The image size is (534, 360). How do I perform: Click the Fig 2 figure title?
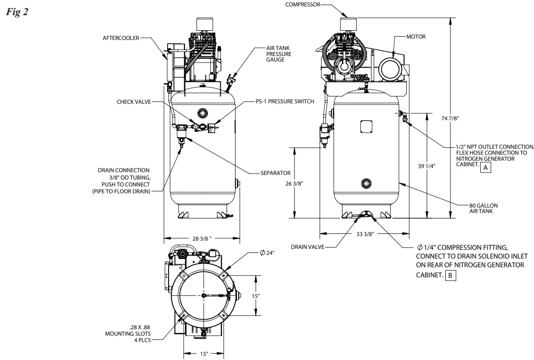[x=17, y=12]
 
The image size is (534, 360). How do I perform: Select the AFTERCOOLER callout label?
[x=121, y=38]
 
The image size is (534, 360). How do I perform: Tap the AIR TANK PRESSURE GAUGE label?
[x=279, y=54]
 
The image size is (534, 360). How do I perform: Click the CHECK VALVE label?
[x=133, y=101]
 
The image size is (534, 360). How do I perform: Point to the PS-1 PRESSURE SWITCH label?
[x=285, y=101]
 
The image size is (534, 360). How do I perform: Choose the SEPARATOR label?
[x=275, y=173]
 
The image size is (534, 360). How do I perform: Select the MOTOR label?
[x=416, y=37]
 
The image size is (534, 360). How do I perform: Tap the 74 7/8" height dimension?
[x=450, y=118]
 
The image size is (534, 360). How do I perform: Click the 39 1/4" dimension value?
[x=427, y=166]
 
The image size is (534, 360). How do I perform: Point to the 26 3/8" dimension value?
[x=293, y=183]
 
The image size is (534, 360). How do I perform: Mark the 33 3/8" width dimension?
[x=365, y=234]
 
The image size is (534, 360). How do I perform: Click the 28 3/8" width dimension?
[x=202, y=238]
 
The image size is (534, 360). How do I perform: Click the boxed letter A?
[x=485, y=168]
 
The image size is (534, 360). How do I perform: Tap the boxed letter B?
[x=451, y=276]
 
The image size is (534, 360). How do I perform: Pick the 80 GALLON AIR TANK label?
[x=483, y=208]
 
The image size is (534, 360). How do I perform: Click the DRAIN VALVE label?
[x=307, y=247]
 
